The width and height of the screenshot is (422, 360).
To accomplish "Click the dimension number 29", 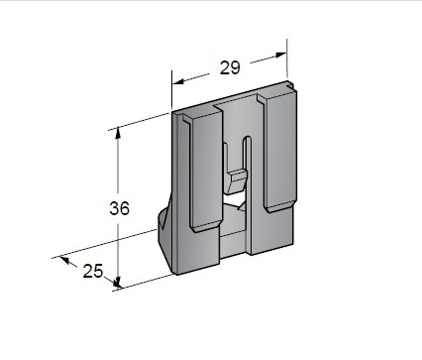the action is point(230,67).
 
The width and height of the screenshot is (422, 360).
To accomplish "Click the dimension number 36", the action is point(120,208).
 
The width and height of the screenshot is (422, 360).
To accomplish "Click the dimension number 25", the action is point(93,271).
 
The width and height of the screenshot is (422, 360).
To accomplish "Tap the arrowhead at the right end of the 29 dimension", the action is point(280,55).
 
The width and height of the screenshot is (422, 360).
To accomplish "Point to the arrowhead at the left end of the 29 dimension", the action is point(178,81).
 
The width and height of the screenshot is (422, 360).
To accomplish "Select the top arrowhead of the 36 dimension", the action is point(118,133).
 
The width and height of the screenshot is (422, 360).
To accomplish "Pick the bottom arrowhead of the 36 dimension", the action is point(117,282).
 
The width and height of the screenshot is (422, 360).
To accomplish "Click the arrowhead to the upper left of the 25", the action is point(64,260).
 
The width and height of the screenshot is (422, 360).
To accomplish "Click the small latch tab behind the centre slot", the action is point(236,181).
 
